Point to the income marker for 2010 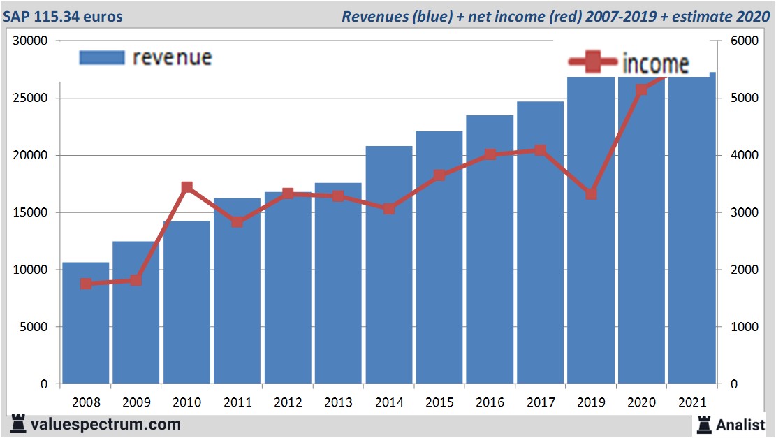[186, 188]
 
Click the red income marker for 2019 [591, 194]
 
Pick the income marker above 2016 [490, 155]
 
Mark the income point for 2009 [136, 280]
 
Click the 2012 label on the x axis [288, 402]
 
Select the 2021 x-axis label [691, 402]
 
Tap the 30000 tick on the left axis [31, 41]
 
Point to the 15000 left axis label [31, 212]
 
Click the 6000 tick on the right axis [744, 41]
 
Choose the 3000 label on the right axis [744, 212]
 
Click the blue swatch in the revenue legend [101, 57]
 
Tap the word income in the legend [655, 64]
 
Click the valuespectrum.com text [105, 424]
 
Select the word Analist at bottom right [740, 424]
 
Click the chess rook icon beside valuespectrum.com [17, 424]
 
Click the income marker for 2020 [641, 89]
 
